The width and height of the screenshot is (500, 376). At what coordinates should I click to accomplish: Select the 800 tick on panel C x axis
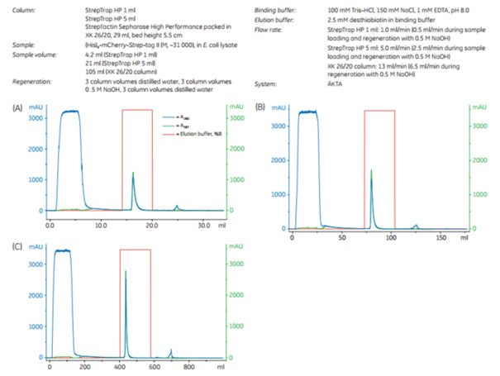(x=188, y=368)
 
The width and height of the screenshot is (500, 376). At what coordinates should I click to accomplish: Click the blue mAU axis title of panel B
(x=277, y=107)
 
